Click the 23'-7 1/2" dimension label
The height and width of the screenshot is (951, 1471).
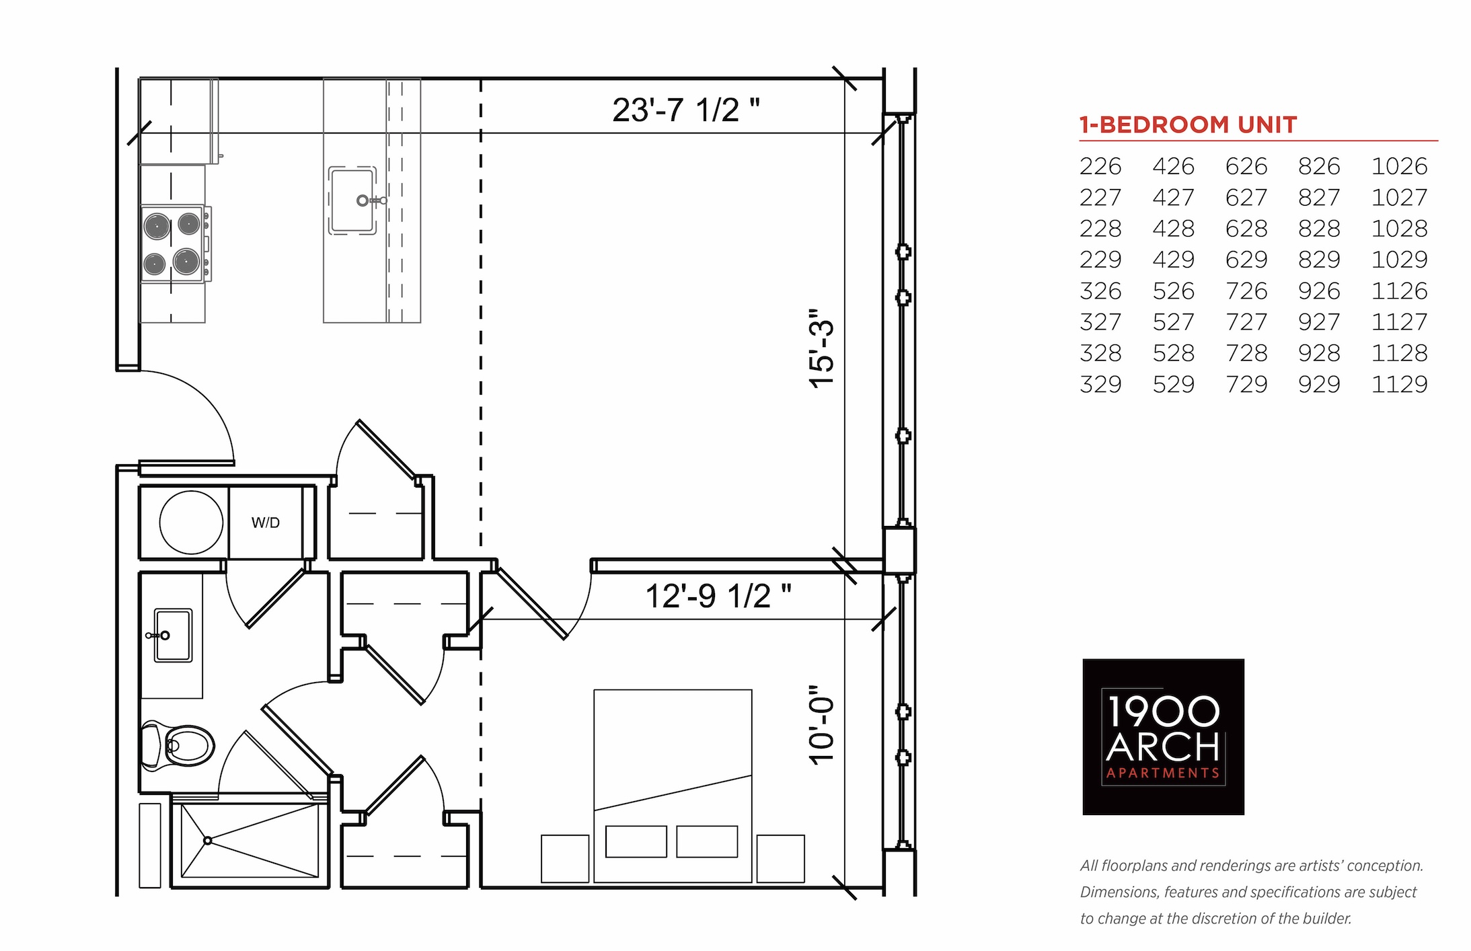[x=686, y=110]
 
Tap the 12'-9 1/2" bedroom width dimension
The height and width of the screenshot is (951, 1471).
[x=718, y=596]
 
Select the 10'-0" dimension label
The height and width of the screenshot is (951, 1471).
[x=821, y=725]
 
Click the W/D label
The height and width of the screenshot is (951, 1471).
[x=266, y=523]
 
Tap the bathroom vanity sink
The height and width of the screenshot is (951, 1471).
[x=172, y=636]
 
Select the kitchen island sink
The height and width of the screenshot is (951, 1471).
[x=353, y=200]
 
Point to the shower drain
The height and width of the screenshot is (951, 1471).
[x=208, y=841]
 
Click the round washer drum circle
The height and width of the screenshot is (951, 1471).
[x=191, y=523]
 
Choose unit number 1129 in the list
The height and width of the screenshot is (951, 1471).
[x=1399, y=384]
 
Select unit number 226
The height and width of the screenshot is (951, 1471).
[x=1100, y=166]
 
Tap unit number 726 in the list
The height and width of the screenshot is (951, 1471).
[x=1246, y=291]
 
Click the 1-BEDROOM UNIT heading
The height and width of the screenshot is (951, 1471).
[x=1188, y=125]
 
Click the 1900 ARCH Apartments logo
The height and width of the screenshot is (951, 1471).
[x=1163, y=737]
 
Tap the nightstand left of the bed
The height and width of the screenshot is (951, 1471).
[x=565, y=859]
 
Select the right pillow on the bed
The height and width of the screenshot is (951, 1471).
[x=707, y=841]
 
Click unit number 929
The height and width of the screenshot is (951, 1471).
[x=1319, y=384]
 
